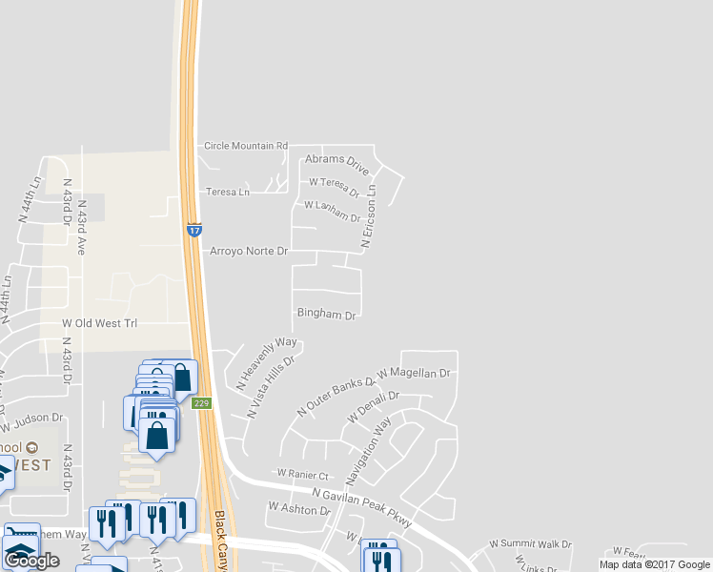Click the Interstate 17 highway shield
[x=194, y=230]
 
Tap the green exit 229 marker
[x=201, y=403]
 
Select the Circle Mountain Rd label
[x=246, y=146]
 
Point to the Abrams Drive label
[x=336, y=164]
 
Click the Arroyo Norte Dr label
[x=247, y=252]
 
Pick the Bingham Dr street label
[x=326, y=314]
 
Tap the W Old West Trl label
[x=99, y=323]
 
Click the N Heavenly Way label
[x=267, y=362]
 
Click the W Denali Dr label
[x=366, y=408]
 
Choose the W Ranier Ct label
[x=302, y=474]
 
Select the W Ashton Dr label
[x=298, y=509]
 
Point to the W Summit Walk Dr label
[x=530, y=543]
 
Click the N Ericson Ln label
[x=370, y=218]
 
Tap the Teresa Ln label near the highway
[x=228, y=192]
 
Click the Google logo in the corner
[x=31, y=561]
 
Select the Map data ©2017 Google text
[x=654, y=564]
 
